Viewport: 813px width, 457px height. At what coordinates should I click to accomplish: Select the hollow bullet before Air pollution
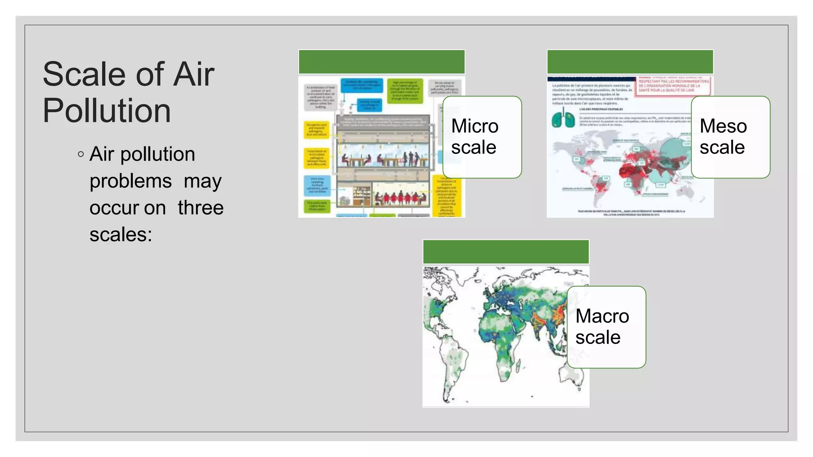tap(81, 154)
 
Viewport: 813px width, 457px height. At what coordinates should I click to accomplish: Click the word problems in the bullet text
tap(131, 181)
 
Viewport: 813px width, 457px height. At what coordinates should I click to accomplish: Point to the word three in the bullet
tap(200, 208)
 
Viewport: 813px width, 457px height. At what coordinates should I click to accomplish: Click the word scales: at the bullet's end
tap(121, 234)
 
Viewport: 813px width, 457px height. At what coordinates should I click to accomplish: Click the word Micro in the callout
tap(475, 126)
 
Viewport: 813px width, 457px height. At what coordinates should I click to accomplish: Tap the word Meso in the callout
tap(723, 126)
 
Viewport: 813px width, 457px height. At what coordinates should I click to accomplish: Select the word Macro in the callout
tap(602, 316)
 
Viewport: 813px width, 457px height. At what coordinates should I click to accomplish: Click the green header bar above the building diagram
tap(381, 62)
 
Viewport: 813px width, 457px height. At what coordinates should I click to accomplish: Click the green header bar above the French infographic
tap(630, 62)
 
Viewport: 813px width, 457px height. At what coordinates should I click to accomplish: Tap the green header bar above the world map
tap(506, 252)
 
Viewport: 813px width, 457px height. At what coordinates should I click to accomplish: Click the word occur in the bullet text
tap(127, 208)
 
